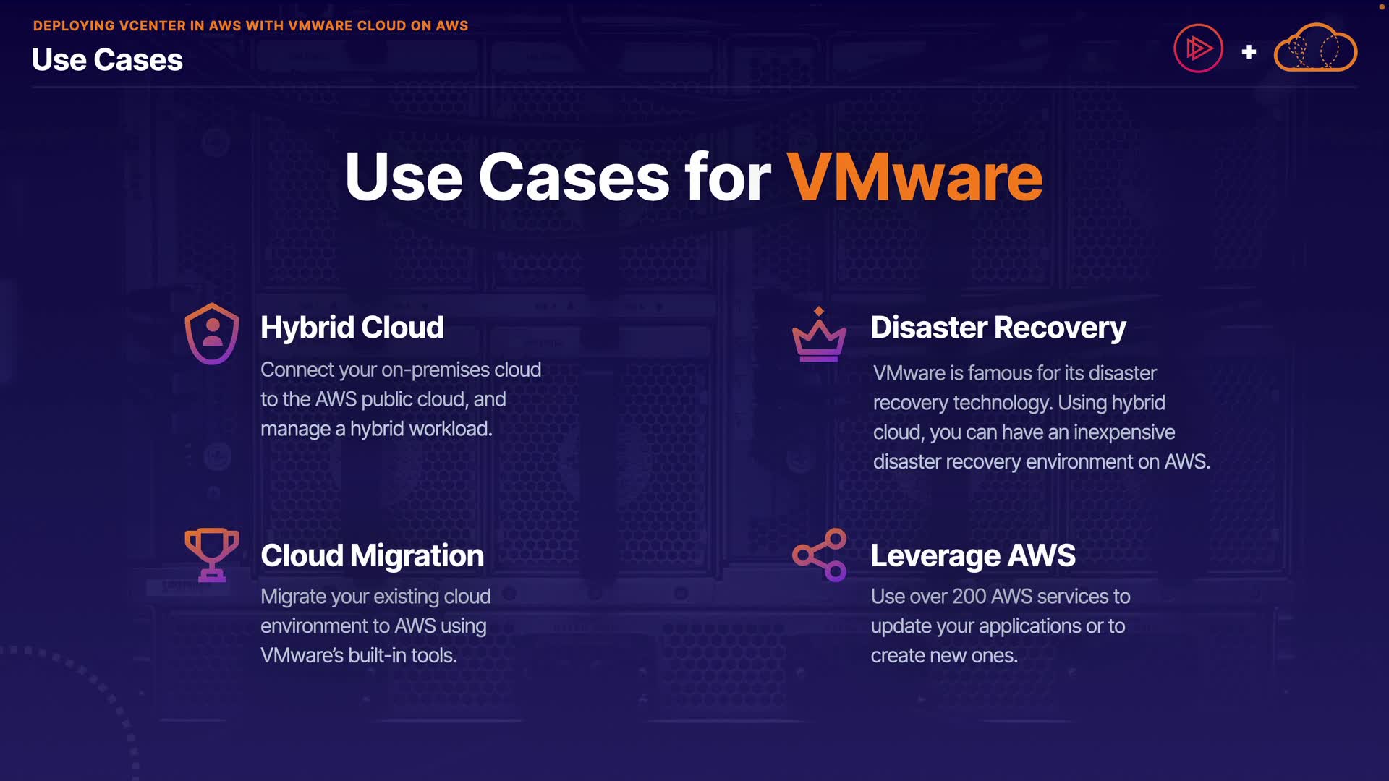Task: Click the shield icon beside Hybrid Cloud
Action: coord(211,333)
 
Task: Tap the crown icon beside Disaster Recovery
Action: coord(819,336)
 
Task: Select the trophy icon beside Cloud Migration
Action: coord(211,555)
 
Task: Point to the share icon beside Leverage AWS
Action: coord(820,555)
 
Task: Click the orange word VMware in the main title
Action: coord(914,177)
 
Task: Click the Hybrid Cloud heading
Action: coord(352,328)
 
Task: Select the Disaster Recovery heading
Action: coord(998,328)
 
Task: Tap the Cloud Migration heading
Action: coord(372,555)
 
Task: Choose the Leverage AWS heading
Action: coord(972,555)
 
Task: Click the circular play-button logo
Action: coord(1198,48)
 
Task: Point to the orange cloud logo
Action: coord(1315,48)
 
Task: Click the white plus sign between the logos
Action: coord(1249,52)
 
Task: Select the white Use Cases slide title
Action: coord(107,60)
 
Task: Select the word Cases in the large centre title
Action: coord(574,177)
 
